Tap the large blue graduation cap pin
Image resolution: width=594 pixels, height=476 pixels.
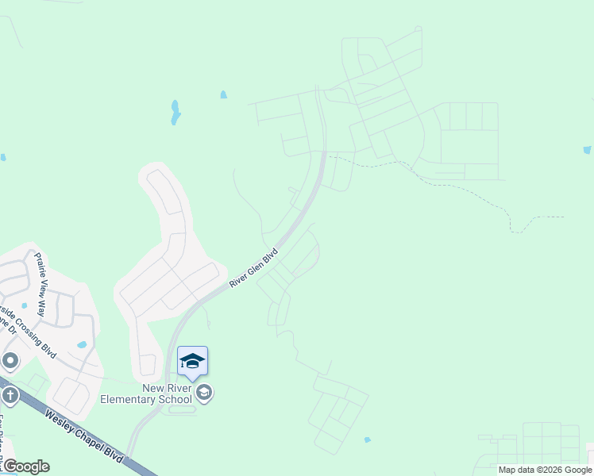point(192,362)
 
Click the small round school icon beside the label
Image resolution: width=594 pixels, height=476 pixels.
point(204,393)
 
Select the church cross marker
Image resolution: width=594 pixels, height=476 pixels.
point(10,393)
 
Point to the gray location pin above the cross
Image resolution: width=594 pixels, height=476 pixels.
point(10,362)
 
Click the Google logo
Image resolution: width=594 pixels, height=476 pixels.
point(25,466)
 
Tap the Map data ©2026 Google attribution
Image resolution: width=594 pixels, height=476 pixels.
point(545,470)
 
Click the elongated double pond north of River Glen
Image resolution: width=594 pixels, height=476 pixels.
point(175,113)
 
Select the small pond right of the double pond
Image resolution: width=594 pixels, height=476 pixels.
point(223,95)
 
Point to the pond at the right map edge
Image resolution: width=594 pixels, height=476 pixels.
point(587,150)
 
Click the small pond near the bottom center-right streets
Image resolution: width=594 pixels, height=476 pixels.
point(367,440)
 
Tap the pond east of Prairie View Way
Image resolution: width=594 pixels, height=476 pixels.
point(82,345)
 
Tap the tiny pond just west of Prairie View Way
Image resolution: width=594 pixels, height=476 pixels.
point(24,305)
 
